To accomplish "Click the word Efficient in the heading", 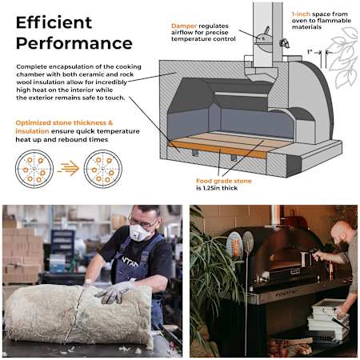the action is click(54, 22).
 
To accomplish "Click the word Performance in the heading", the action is click(74, 43).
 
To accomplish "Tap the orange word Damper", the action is click(184, 26).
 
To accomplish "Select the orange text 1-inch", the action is click(301, 14).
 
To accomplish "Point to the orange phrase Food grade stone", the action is click(224, 181).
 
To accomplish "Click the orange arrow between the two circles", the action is click(69, 169).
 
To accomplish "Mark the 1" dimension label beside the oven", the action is click(310, 52).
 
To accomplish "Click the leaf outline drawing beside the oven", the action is click(344, 58).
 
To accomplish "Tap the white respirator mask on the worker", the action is click(139, 233).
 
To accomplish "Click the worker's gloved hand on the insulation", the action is click(116, 291).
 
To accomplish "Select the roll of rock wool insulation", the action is click(78, 314).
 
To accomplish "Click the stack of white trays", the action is click(329, 318).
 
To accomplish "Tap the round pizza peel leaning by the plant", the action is click(248, 242).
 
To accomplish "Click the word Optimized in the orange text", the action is click(33, 123).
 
